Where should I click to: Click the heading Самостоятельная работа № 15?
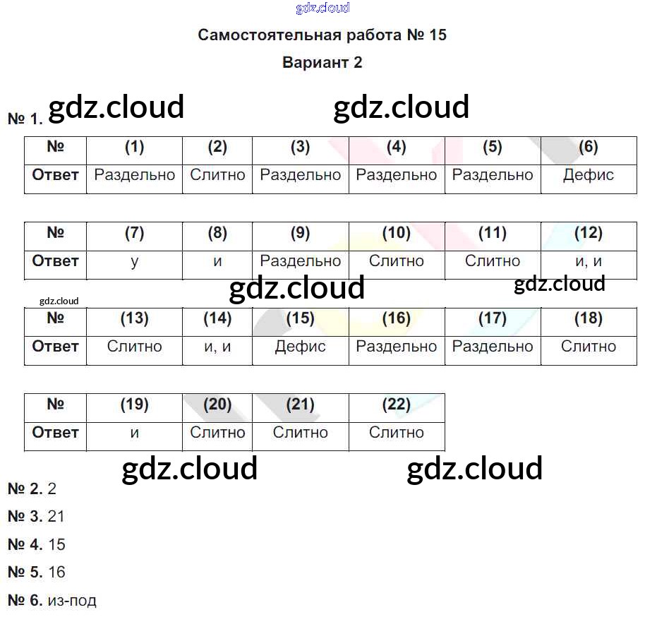[x=322, y=35]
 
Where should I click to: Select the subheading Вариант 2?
[x=322, y=62]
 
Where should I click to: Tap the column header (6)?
[x=588, y=147]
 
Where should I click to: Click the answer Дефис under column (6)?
[x=588, y=175]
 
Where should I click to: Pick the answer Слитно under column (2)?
[x=217, y=175]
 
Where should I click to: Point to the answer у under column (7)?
[x=134, y=261]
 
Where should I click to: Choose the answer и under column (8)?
[x=217, y=261]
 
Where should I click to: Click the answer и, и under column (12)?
[x=588, y=261]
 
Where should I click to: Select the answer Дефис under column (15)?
[x=300, y=347]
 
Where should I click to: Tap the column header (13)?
[x=134, y=318]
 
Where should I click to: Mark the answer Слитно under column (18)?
[x=588, y=347]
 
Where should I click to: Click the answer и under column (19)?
[x=134, y=433]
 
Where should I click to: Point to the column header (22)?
[x=396, y=405]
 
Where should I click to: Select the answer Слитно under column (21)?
[x=300, y=433]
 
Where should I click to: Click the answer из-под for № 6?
[x=72, y=601]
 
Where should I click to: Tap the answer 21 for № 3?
[x=56, y=516]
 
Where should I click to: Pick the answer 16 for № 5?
[x=56, y=573]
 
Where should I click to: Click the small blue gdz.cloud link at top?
[x=322, y=8]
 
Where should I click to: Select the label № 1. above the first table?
[x=25, y=119]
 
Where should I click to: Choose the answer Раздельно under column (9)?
[x=300, y=261]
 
